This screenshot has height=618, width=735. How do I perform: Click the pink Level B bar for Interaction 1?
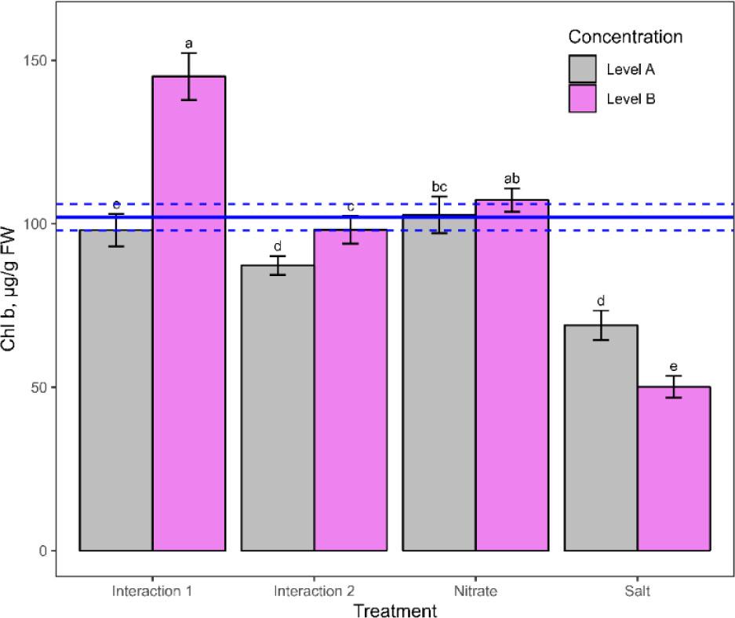[x=189, y=314]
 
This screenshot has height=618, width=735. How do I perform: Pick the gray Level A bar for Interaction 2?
[x=277, y=408]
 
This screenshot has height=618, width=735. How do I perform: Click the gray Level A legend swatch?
[x=583, y=69]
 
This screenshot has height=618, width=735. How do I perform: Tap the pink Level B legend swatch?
[x=583, y=99]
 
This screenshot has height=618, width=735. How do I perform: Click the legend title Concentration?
[x=625, y=37]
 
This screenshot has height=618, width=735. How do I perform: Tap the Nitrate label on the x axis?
[x=475, y=591]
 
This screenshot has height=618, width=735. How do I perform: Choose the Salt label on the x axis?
[x=637, y=591]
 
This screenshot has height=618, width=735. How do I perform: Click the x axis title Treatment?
[x=395, y=609]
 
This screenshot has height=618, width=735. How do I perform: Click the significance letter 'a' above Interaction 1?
[x=189, y=42]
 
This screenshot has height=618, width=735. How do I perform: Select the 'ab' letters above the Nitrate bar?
[x=511, y=178]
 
